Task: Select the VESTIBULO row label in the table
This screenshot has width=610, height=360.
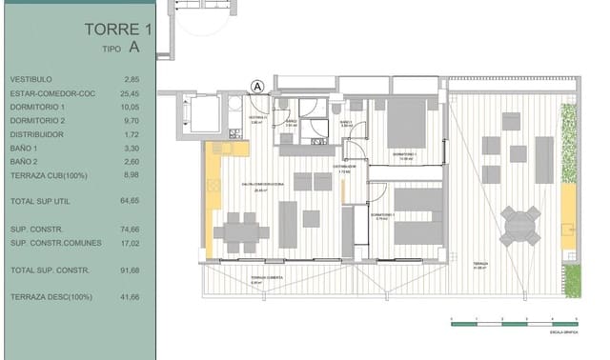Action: click(31, 79)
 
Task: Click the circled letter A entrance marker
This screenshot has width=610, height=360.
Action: click(256, 85)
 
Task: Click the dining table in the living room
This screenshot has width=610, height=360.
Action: click(241, 230)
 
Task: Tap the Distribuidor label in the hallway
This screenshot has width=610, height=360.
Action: click(344, 167)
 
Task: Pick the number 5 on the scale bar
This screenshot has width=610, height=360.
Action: click(577, 320)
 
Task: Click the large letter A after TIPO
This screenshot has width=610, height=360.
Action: click(134, 46)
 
